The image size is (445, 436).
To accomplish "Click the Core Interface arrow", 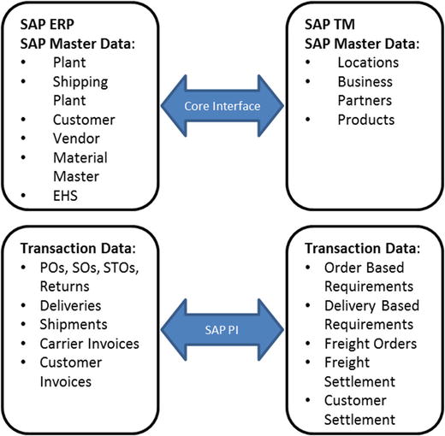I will (222, 104).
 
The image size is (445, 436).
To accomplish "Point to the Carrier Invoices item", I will (92, 345).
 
